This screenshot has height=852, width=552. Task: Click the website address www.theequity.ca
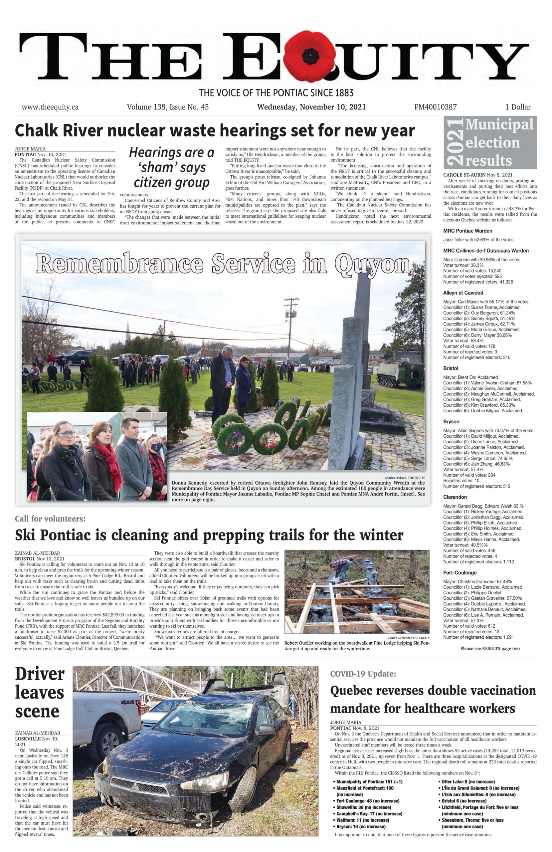pos(50,107)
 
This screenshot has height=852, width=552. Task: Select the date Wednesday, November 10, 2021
pos(311,107)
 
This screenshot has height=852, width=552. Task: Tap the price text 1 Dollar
pos(518,107)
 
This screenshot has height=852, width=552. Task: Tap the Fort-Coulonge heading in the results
pos(460,572)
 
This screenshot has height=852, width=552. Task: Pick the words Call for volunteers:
pos(50,519)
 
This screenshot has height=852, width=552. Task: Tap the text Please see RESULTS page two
pos(490,648)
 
